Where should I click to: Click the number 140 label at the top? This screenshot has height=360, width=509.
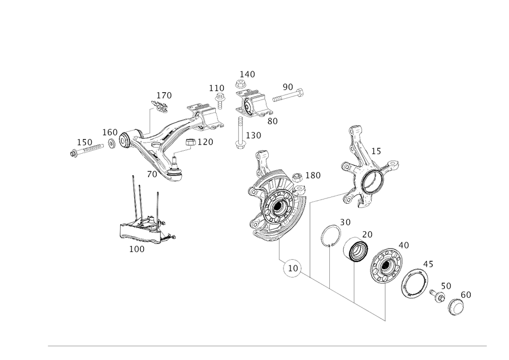coord(247,74)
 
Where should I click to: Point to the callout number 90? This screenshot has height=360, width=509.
coord(288,87)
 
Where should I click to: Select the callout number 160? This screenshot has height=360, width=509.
coord(109,131)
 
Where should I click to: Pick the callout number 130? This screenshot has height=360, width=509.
coord(313,175)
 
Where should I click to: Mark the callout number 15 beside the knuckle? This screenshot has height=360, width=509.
coord(377,151)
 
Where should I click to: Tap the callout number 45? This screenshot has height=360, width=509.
coord(428,264)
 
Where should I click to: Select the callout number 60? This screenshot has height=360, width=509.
coord(466,294)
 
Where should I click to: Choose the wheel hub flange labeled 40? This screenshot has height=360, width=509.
coord(386,264)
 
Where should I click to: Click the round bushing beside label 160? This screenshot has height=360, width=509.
coord(125,140)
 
